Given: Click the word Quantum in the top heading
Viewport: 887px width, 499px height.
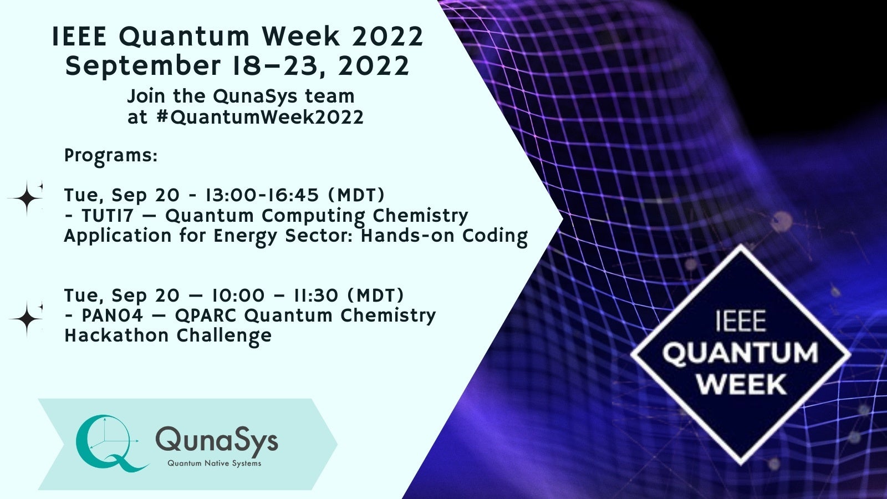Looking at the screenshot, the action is point(184,37).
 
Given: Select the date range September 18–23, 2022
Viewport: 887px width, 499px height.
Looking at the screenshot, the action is point(237,66).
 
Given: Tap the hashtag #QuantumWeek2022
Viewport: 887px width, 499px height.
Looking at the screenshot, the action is point(260,118).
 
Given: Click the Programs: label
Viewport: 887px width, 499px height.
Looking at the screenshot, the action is point(111,156).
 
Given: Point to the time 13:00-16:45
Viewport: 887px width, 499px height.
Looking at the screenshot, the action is point(262,195).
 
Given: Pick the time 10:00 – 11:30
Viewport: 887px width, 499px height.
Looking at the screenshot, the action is point(275,296).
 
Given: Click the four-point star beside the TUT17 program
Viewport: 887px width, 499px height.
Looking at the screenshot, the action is point(26,198).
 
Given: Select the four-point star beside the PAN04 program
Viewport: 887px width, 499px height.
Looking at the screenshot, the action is point(26,319).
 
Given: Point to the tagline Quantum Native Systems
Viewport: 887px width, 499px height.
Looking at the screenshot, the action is point(214,464).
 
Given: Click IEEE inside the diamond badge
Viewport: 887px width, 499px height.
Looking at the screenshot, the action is point(741,321).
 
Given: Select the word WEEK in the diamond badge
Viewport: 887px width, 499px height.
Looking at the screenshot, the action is point(741,384).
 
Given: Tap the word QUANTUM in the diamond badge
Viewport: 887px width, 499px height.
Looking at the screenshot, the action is point(740,353).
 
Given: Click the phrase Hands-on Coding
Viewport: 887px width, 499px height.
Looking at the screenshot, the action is point(444,236).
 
